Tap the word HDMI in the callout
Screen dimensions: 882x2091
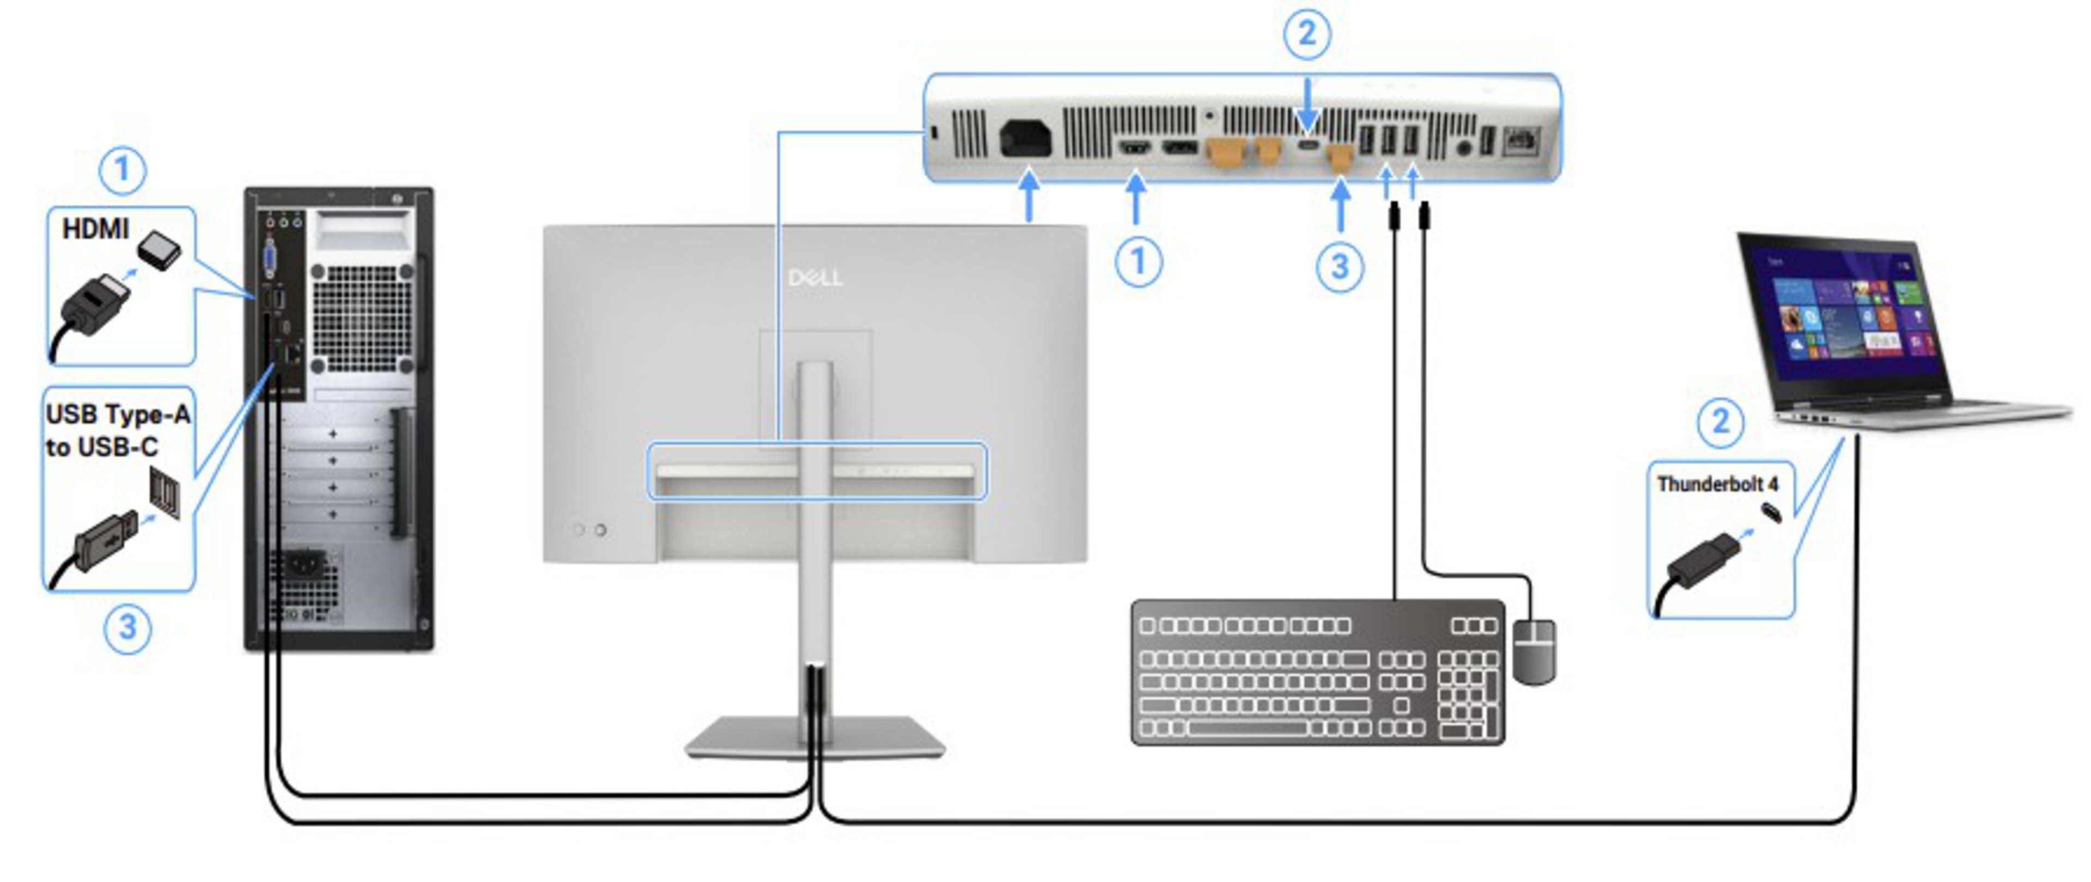(x=96, y=230)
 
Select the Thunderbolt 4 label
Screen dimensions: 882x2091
(x=1717, y=484)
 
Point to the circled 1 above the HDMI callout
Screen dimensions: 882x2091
(x=123, y=170)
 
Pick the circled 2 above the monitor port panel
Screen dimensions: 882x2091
(x=1306, y=34)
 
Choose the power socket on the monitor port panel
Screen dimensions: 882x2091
(x=1026, y=139)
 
